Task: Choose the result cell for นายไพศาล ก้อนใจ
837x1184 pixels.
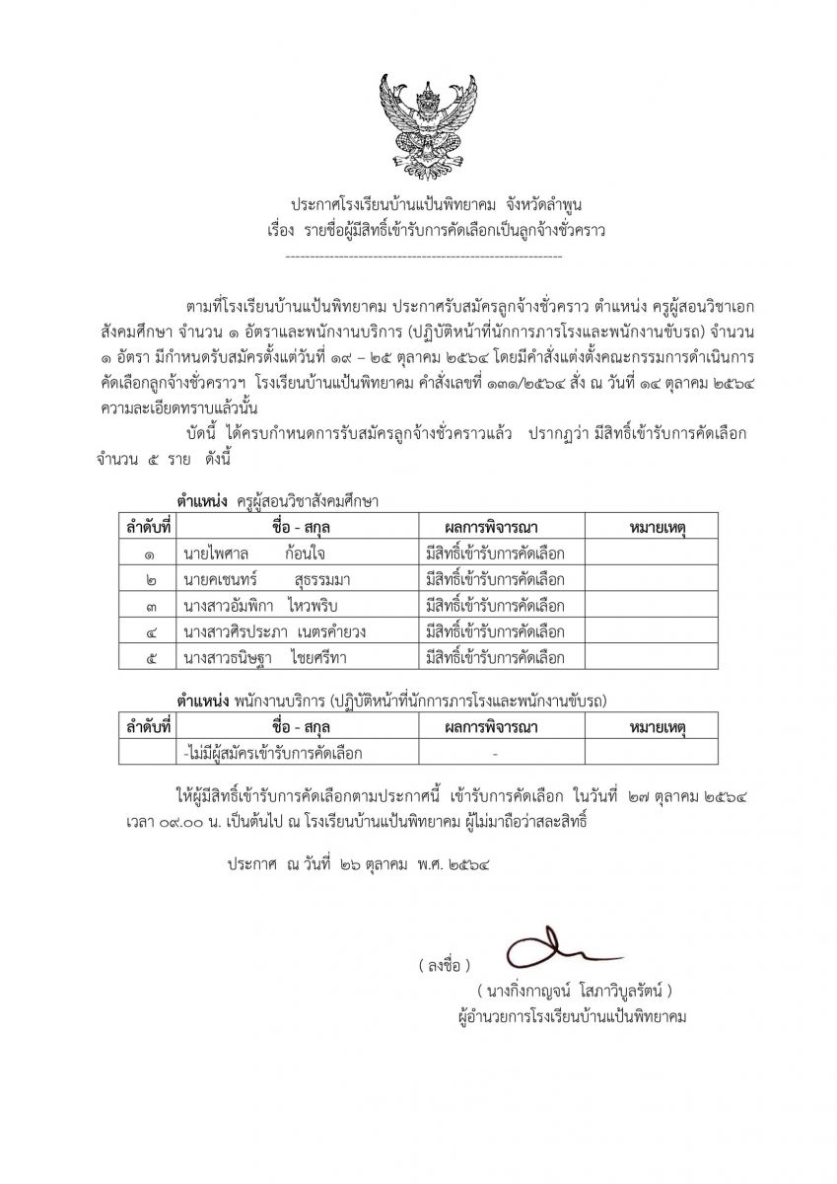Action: [x=494, y=552]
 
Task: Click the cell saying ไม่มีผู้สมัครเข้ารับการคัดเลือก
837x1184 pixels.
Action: [x=273, y=753]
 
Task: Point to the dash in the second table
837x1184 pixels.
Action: [x=494, y=754]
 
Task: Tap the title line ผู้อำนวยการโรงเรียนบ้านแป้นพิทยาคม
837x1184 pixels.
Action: [x=566, y=1015]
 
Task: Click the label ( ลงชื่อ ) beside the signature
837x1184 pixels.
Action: [x=444, y=963]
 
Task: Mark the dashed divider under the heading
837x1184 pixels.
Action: [x=423, y=257]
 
